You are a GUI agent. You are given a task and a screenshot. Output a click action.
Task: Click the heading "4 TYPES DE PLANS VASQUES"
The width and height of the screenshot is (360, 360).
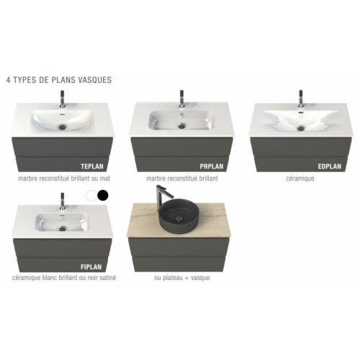pos(58,80)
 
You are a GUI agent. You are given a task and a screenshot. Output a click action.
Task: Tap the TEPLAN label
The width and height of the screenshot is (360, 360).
pos(94,164)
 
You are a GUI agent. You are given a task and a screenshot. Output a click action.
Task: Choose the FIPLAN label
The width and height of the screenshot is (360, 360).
pos(94,266)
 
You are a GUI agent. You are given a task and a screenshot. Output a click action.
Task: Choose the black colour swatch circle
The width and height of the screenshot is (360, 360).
pos(103,194)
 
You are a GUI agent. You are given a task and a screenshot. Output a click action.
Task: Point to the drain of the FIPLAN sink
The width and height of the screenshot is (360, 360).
pos(65,225)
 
